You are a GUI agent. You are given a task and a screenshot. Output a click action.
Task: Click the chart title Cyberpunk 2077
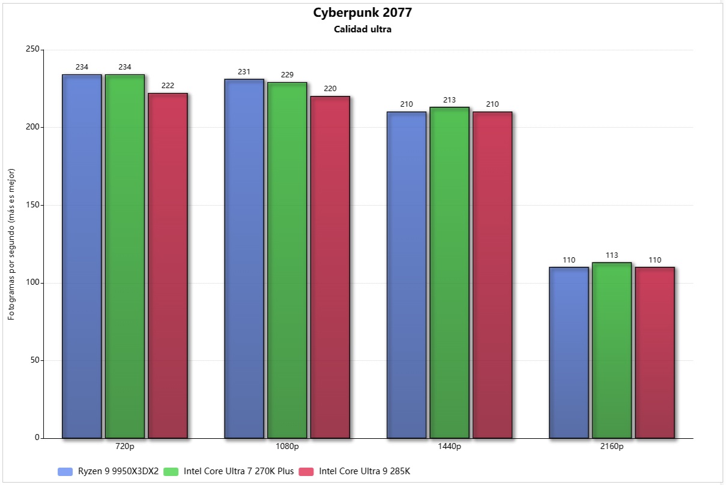point(363,13)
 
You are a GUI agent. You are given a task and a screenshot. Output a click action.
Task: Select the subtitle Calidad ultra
point(363,29)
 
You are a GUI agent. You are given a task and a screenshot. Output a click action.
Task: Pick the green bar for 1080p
point(287,260)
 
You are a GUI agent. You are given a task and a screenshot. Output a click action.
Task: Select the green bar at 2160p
point(612,350)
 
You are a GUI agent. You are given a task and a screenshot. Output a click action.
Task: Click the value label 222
point(168,86)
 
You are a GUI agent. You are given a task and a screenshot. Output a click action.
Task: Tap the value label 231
point(244,72)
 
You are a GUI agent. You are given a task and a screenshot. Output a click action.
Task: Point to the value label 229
point(287,75)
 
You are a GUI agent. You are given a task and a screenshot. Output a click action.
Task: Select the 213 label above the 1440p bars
point(450,100)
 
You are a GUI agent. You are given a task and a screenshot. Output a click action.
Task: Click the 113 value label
point(612,255)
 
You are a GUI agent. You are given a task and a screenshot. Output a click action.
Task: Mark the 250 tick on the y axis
point(32,50)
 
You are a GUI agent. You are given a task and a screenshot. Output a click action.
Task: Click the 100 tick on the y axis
point(32,283)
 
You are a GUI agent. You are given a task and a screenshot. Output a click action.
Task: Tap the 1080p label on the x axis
point(287,447)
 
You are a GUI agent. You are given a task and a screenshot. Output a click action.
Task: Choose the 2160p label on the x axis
point(612,447)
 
